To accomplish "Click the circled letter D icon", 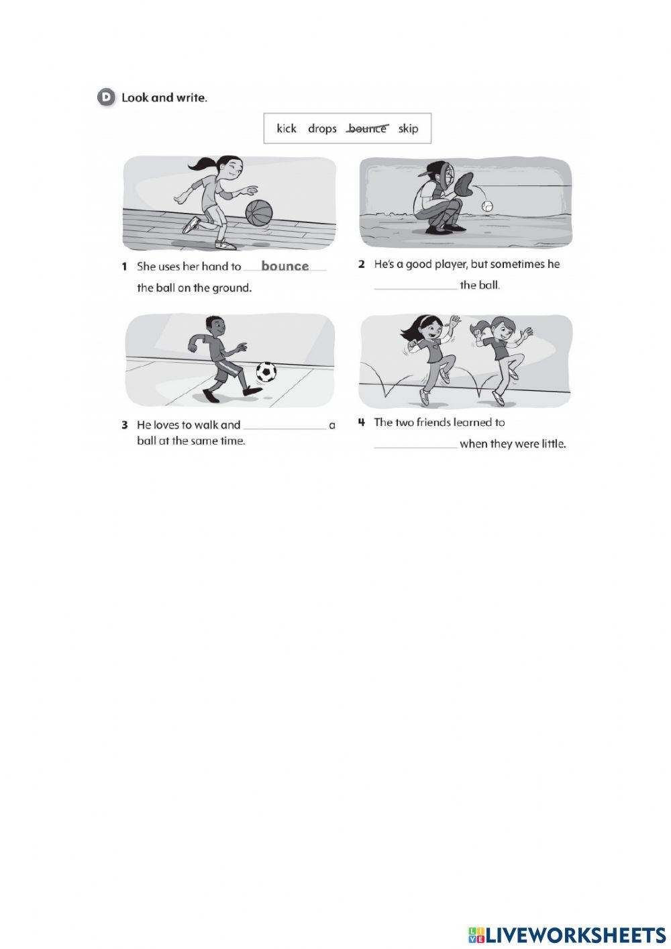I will point(106,97).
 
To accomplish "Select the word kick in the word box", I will point(287,128).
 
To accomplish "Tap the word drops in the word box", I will point(322,128).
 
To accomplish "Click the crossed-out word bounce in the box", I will point(367,128).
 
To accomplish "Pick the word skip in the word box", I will point(408,128).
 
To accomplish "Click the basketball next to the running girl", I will point(258,213).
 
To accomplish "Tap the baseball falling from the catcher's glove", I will point(488,206).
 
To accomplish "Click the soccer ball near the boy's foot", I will point(266,371).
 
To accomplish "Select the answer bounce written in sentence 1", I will point(285,266).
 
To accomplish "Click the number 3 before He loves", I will point(125,425).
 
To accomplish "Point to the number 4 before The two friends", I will point(362,422).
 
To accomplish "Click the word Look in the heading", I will point(134,97).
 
